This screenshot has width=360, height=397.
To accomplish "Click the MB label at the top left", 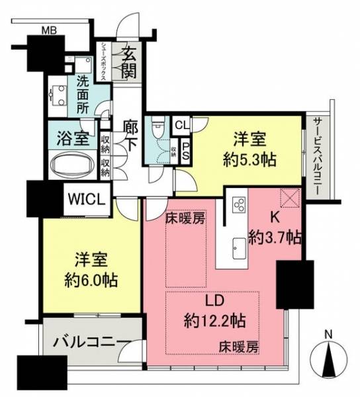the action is click(x=49, y=30).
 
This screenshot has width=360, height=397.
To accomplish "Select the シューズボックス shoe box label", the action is click(x=103, y=62).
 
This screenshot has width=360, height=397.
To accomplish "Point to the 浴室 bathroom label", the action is click(x=73, y=138).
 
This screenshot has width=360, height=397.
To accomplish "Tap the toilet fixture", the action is click(x=157, y=124).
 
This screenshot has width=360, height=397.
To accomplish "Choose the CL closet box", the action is click(x=182, y=125).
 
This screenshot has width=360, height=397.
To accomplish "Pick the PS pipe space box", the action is click(x=185, y=152).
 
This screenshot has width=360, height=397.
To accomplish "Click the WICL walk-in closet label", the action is click(x=86, y=199).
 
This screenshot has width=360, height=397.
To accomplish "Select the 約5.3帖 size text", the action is click(x=249, y=160).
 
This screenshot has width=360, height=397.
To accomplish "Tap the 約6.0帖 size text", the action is click(x=91, y=280).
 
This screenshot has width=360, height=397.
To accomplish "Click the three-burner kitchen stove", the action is click(x=238, y=204).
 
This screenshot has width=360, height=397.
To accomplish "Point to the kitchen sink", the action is click(x=239, y=248).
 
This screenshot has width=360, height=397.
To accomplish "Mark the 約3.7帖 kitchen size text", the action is click(x=275, y=238).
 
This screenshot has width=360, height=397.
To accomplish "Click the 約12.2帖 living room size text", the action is click(x=214, y=321).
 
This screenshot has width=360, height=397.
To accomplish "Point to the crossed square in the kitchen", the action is click(x=290, y=198).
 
